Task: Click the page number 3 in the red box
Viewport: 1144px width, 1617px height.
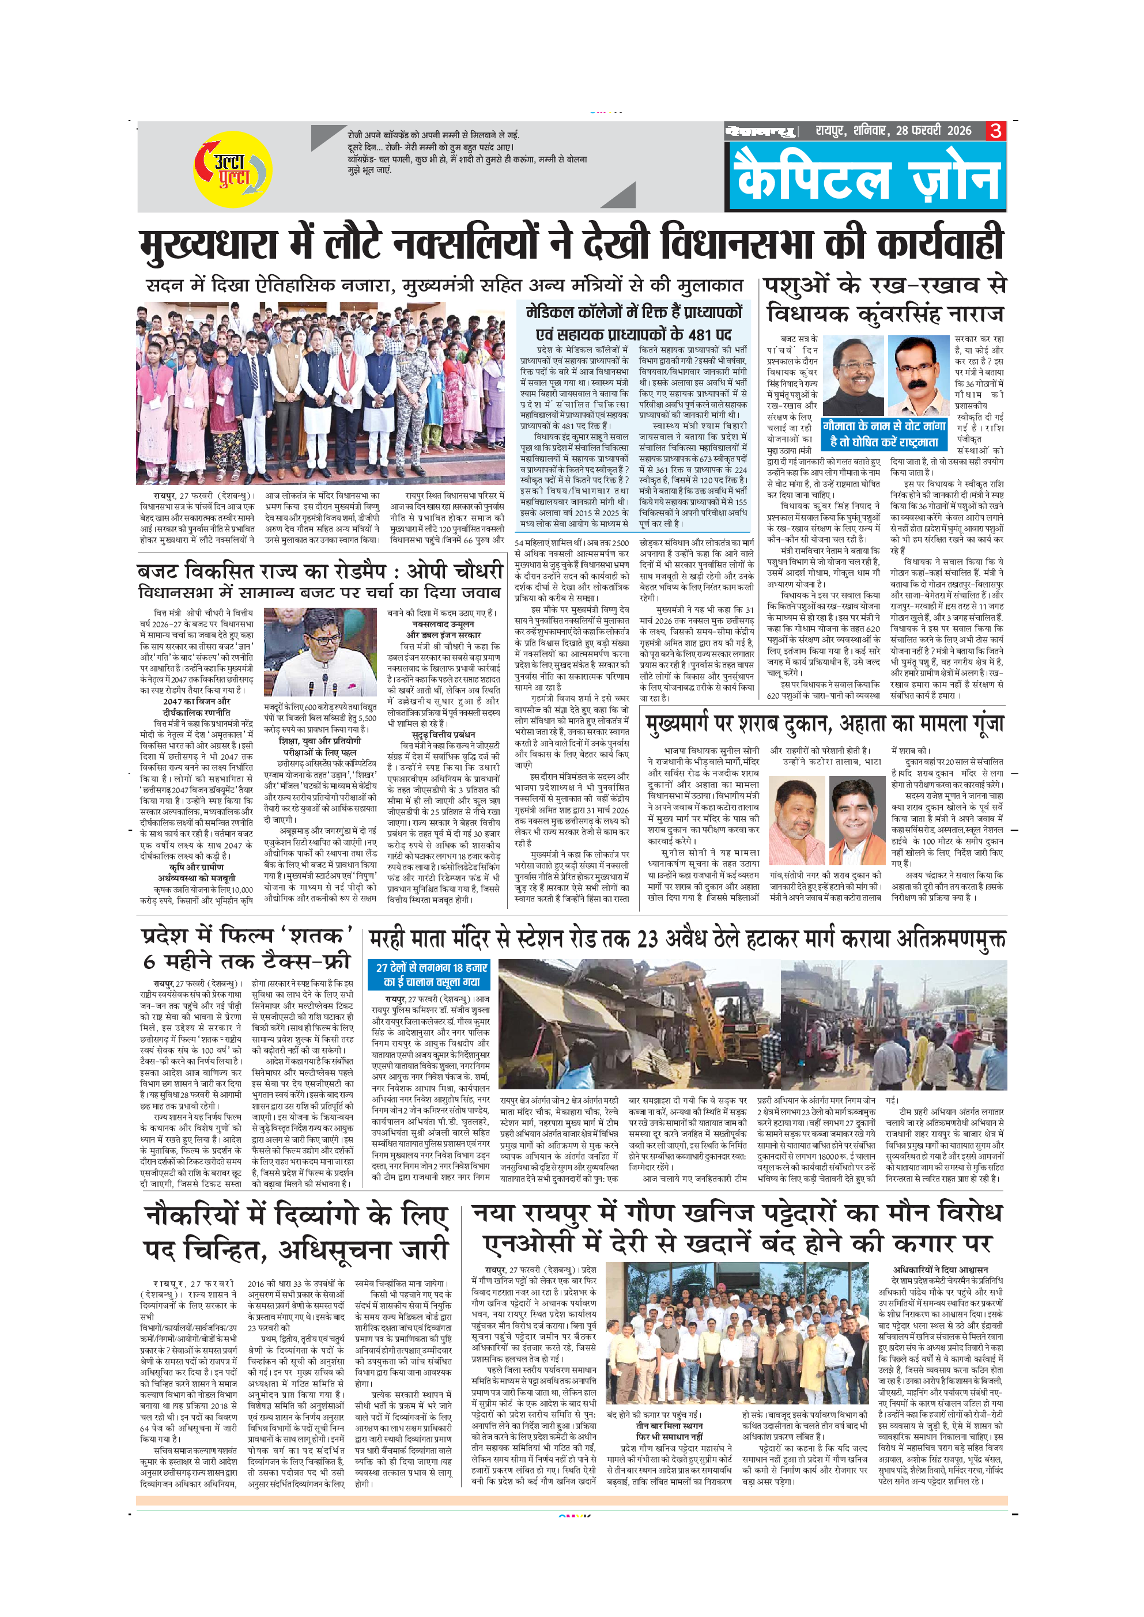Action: tap(995, 131)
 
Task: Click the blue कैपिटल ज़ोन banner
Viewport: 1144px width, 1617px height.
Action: tap(866, 178)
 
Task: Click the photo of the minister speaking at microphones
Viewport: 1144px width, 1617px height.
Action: tap(320, 652)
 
